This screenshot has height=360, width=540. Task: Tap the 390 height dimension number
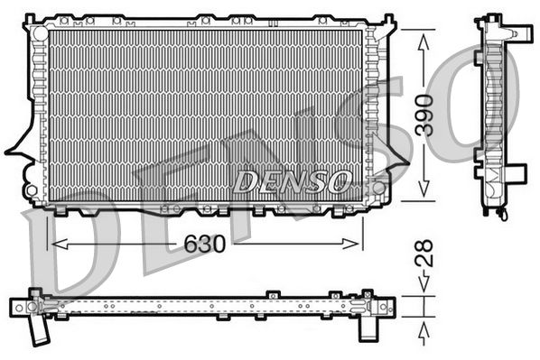[431, 115]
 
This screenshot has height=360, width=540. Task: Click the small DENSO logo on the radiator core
[291, 181]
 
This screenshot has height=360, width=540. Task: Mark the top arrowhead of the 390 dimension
[422, 34]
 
